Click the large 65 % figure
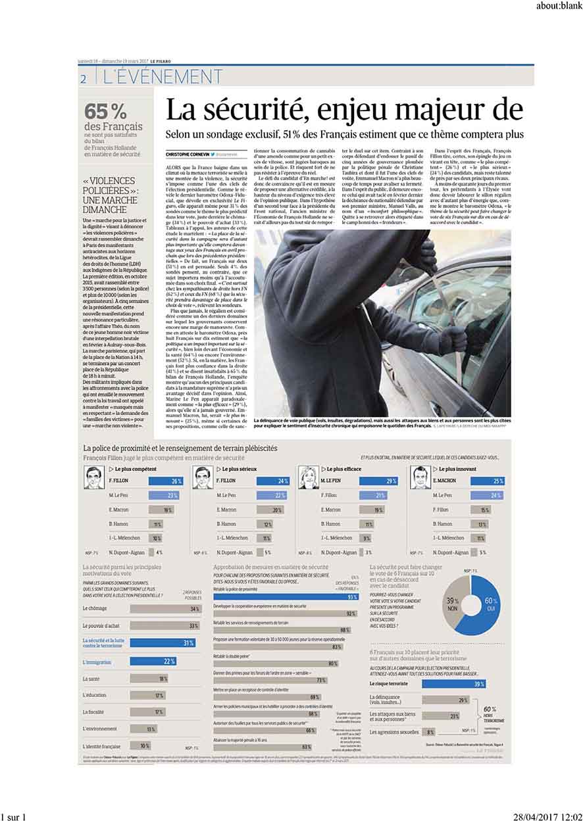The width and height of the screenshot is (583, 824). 105,110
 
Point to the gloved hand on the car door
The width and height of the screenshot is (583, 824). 454,338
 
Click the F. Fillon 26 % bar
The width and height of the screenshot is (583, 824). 165,481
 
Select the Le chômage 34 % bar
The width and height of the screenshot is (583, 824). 165,609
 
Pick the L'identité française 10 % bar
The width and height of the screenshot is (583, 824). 140,746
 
